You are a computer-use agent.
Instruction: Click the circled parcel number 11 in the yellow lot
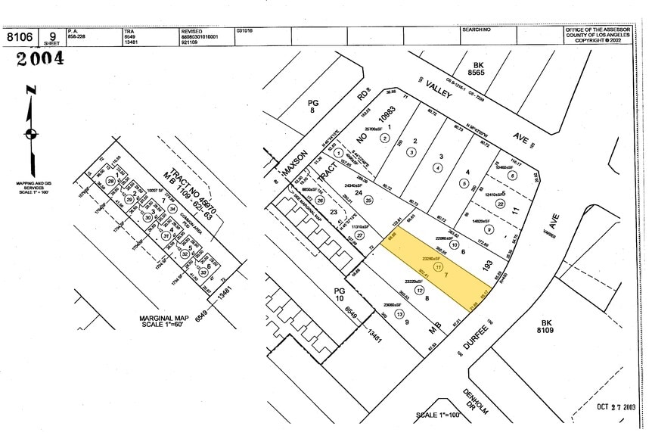tap(439, 267)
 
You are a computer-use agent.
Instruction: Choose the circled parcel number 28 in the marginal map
tap(111, 182)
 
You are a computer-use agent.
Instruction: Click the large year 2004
tap(40, 59)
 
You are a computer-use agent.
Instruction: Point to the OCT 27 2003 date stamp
tap(616, 406)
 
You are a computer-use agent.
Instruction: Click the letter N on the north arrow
tap(30, 91)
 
